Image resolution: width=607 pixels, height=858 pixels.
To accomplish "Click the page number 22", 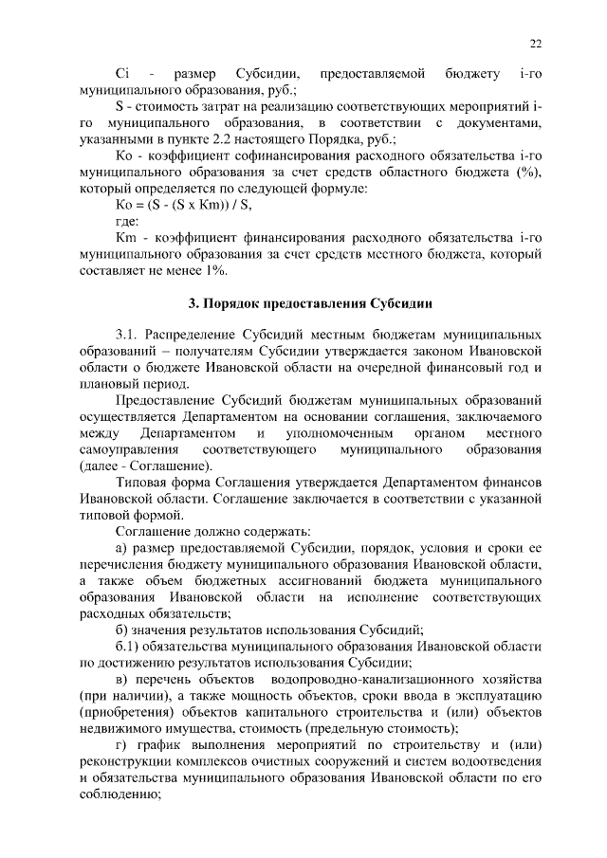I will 536,43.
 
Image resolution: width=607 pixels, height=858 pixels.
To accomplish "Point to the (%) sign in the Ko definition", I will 528,172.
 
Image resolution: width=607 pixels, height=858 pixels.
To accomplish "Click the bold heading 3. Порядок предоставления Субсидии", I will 311,303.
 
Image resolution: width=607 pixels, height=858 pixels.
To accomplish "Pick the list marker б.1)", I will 131,646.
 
